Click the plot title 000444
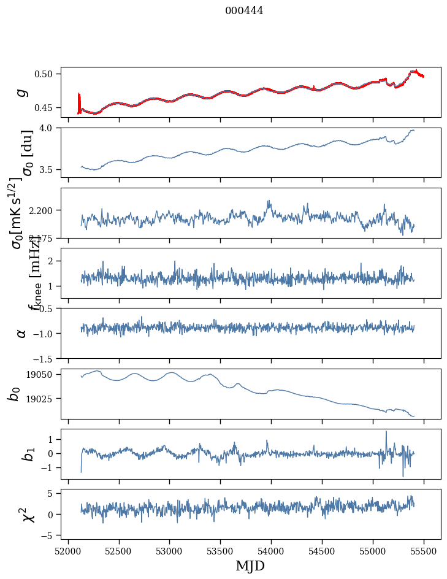pyautogui.click(x=244, y=10)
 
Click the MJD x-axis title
pyautogui.click(x=250, y=566)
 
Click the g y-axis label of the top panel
pyautogui.click(x=22, y=92)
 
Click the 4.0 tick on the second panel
pyautogui.click(x=50, y=128)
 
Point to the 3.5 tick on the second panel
pyautogui.click(x=50, y=169)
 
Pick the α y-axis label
pyautogui.click(x=22, y=333)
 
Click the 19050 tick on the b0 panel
pyautogui.click(x=43, y=375)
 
